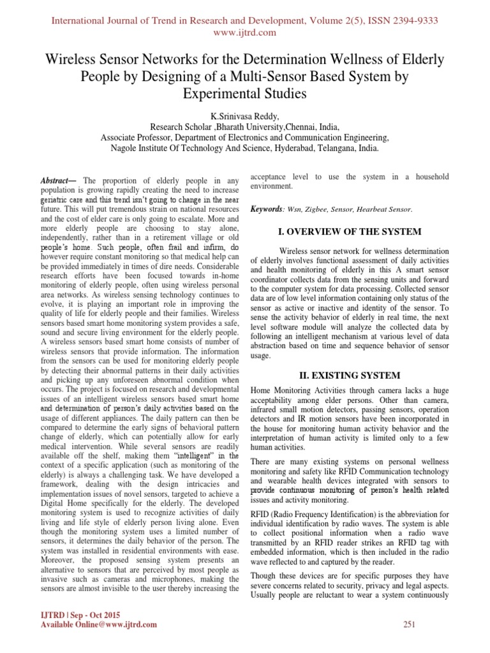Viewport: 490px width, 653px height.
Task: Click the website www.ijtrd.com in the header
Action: click(x=245, y=32)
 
